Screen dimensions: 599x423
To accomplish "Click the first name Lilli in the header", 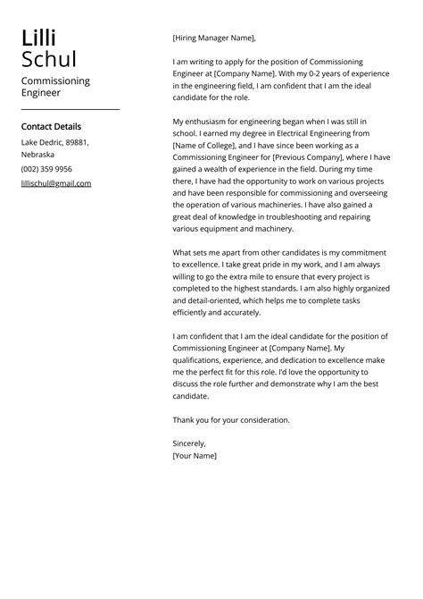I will pyautogui.click(x=38, y=38).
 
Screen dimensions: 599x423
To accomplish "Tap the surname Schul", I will pyautogui.click(x=49, y=60).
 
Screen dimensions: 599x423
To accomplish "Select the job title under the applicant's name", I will pyautogui.click(x=55, y=86).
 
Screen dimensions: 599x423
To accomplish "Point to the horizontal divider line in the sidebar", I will pyautogui.click(x=70, y=109).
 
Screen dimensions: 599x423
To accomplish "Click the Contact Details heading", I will pyautogui.click(x=51, y=127).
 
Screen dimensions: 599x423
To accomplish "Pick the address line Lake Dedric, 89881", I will pyautogui.click(x=55, y=142).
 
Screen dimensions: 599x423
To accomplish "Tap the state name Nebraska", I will pyautogui.click(x=38, y=155).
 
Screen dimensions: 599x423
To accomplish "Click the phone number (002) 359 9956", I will pyautogui.click(x=46, y=169).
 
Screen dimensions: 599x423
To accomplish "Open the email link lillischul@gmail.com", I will pyautogui.click(x=56, y=183).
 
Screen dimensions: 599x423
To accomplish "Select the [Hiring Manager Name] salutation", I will pyautogui.click(x=213, y=38).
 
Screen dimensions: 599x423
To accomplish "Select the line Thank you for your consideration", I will pyautogui.click(x=231, y=419).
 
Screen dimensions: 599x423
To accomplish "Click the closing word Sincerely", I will pyautogui.click(x=189, y=443).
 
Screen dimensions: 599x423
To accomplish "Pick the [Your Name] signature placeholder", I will pyautogui.click(x=195, y=455).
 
